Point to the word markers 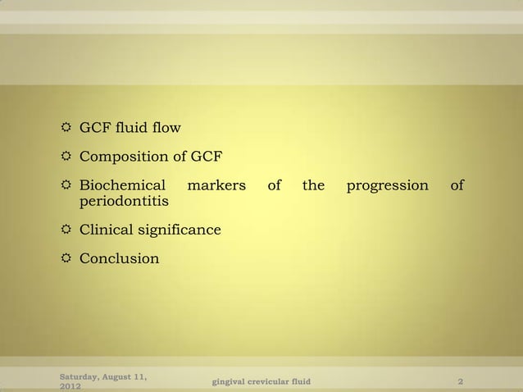[x=217, y=185]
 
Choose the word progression [x=388, y=185]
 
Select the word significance [x=182, y=230]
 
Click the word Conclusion [x=120, y=258]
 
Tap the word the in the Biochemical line [x=313, y=185]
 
